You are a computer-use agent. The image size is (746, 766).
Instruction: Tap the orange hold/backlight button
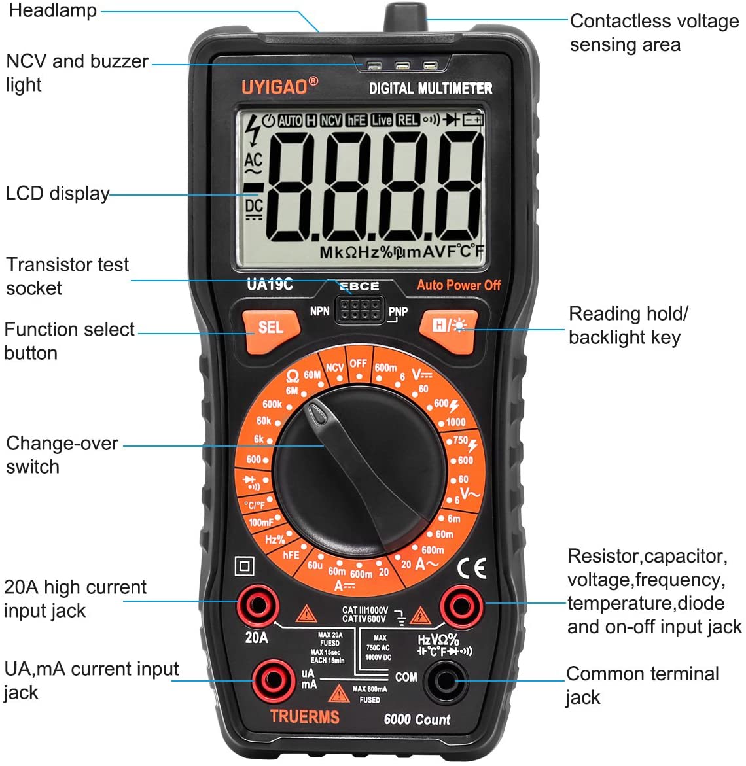click(448, 330)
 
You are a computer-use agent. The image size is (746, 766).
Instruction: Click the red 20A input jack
click(258, 606)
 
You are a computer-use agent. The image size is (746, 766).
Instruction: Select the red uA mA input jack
click(274, 680)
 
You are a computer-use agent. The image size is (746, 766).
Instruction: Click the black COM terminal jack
click(446, 681)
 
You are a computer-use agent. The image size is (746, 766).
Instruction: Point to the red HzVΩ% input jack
click(461, 607)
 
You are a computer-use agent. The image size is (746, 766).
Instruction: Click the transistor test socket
click(359, 309)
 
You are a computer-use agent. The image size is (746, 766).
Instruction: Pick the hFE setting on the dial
click(291, 555)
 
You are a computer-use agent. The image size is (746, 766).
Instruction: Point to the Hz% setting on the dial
click(275, 539)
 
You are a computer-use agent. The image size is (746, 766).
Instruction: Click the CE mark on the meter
click(472, 568)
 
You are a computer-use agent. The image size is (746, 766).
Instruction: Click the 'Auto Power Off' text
click(459, 285)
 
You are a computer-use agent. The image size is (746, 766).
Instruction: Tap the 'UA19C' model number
click(270, 285)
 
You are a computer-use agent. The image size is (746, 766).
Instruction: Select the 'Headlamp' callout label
click(53, 10)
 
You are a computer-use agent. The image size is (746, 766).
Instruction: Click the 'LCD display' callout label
click(57, 194)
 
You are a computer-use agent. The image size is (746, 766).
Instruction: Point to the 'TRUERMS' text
click(304, 717)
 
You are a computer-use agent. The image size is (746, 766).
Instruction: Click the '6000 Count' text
click(417, 719)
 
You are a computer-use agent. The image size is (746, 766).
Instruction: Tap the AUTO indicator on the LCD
click(290, 120)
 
